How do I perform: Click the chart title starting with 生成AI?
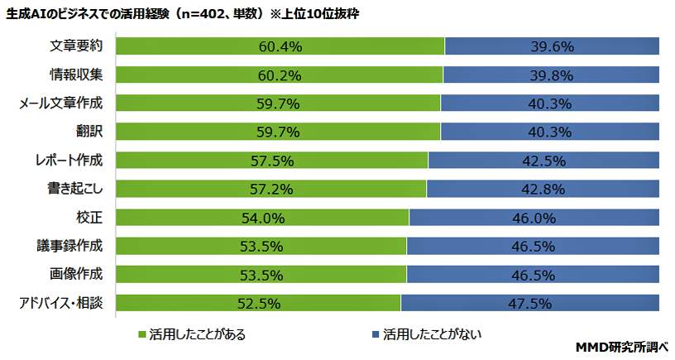[183, 14]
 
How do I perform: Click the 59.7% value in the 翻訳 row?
[279, 132]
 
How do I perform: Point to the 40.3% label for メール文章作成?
[550, 103]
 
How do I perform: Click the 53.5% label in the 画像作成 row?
[262, 275]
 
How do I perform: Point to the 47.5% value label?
[530, 303]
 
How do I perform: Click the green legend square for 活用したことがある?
[143, 335]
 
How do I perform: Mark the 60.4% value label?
[280, 46]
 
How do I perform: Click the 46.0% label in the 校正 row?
[534, 218]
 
